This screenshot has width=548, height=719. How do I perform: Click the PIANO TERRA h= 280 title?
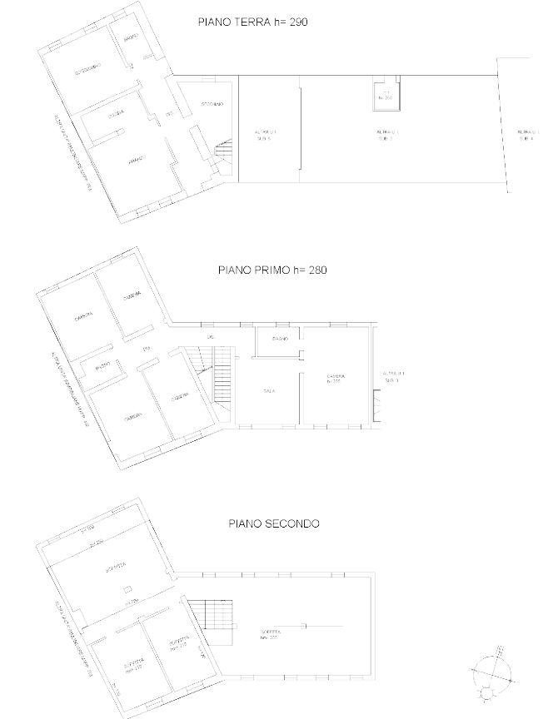252,22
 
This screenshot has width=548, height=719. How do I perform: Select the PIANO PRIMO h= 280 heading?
271,270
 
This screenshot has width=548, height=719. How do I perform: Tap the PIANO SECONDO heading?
273,523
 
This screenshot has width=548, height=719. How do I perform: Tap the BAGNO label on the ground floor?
132,39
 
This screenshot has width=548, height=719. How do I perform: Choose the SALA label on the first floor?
269,390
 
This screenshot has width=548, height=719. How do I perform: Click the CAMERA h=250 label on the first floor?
336,379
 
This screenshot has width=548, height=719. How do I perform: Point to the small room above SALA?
279,340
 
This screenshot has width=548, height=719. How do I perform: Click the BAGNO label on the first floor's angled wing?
102,365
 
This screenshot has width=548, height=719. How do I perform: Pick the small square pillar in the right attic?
303,625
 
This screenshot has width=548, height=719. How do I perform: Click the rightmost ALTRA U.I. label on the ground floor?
527,135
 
